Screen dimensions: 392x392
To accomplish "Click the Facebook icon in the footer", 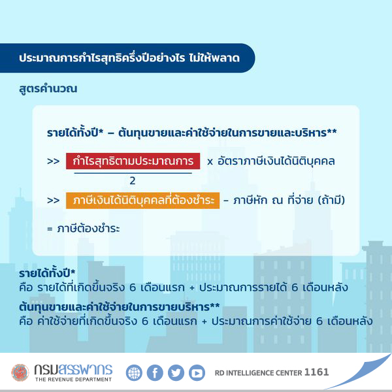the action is pos(155,373).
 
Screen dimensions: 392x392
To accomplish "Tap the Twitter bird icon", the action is pos(176,373).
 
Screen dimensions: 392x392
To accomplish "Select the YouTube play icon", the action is pos(197,373).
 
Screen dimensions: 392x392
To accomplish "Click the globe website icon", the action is pos(134,373).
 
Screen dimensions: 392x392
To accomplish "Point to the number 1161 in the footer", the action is pos(316,372).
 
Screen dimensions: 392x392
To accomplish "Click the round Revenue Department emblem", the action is pos(20,372).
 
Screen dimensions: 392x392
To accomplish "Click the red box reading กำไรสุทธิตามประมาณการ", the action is pos(133,161).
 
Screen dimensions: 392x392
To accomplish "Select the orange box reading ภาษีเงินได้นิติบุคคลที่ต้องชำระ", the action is pos(142,201).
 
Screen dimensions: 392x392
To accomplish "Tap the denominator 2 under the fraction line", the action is pos(133,180).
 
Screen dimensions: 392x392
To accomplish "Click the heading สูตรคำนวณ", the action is pos(48,89).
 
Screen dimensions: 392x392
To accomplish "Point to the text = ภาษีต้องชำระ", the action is pos(84,228).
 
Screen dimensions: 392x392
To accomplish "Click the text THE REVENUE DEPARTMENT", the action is pos(73,380).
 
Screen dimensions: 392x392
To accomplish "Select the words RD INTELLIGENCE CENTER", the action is pos(258,373).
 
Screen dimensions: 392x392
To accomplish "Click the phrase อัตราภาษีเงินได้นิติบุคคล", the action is pos(276,161).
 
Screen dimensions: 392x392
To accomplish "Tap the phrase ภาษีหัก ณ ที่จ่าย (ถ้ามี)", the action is pos(289,201).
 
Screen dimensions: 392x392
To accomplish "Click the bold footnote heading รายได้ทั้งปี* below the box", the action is pos(47,273).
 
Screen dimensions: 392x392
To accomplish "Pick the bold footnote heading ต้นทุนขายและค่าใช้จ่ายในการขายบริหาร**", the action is pos(120,307).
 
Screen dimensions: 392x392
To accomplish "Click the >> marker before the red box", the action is pos(54,161).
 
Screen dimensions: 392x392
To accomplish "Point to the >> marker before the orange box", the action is pos(54,201).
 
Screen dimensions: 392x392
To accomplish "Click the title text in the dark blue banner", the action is pos(129,58).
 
